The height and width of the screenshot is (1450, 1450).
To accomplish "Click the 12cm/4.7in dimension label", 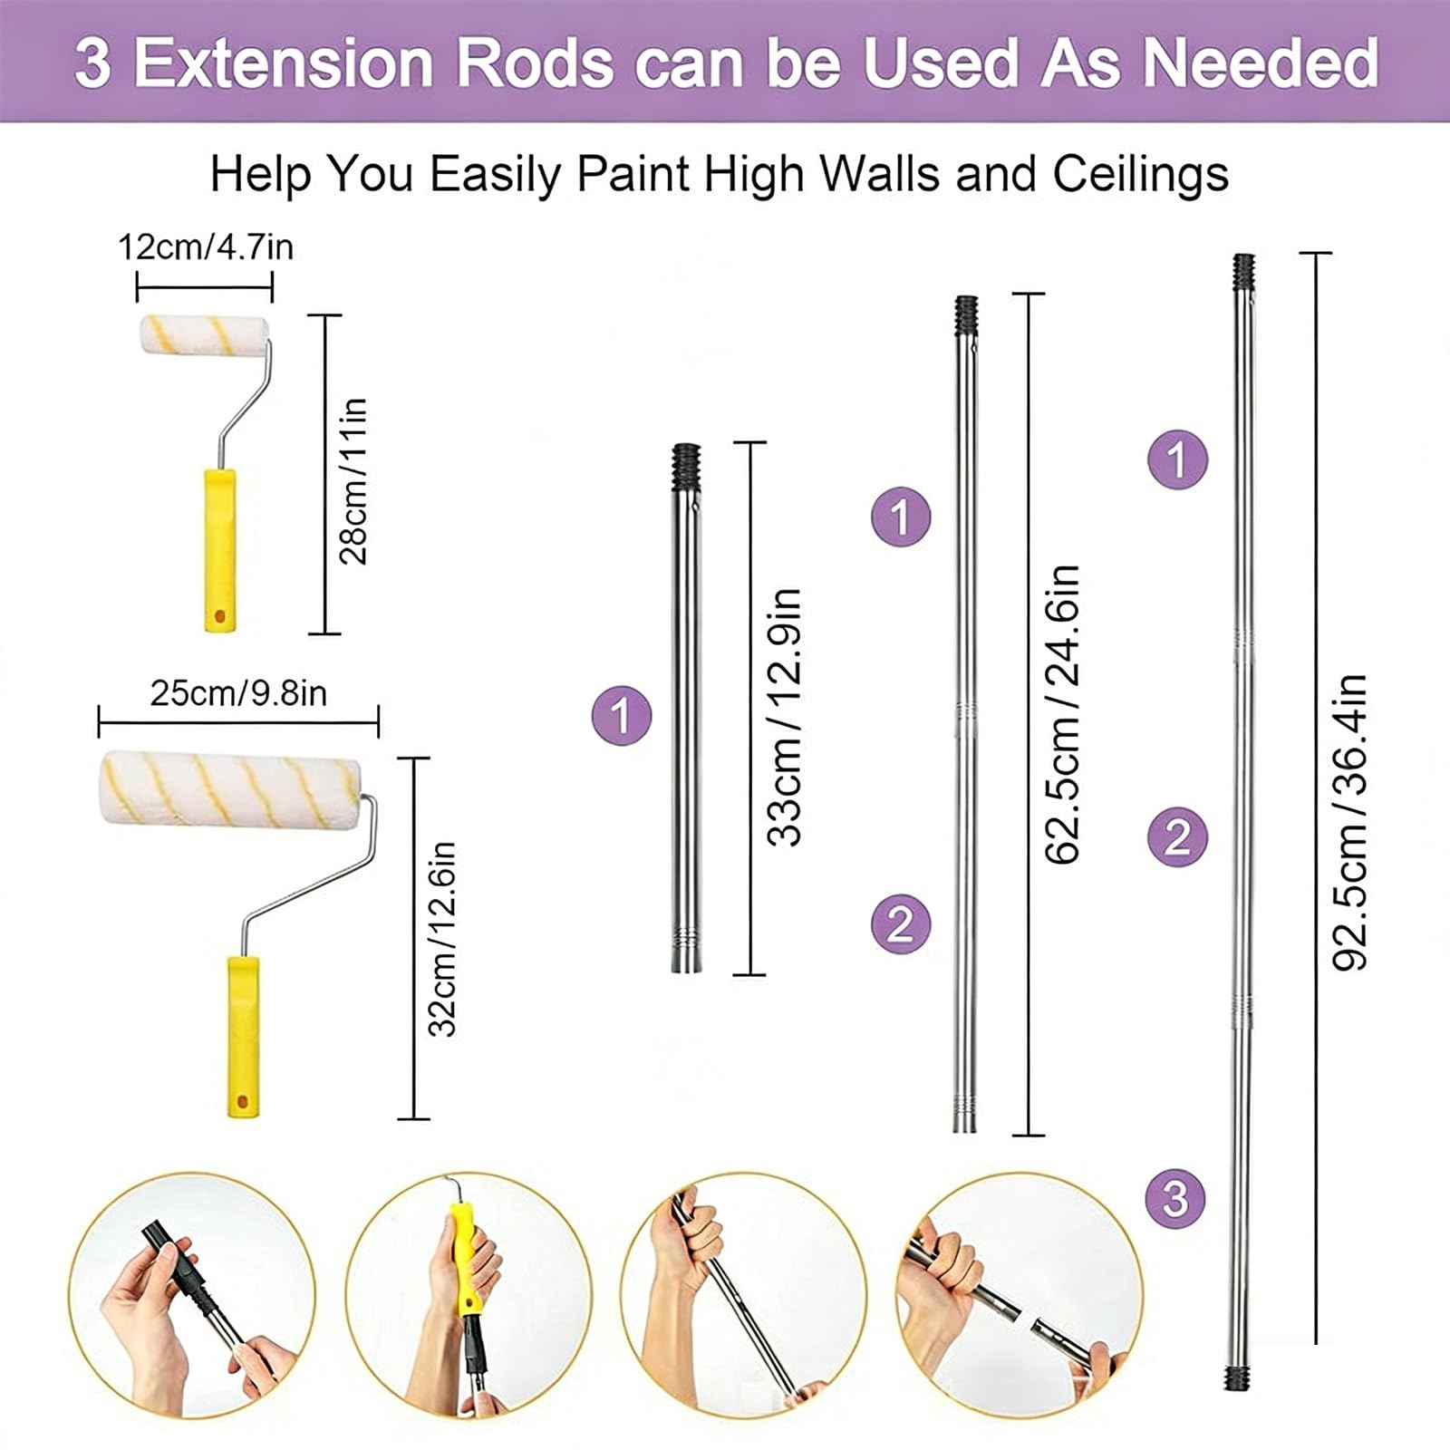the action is click(x=206, y=247).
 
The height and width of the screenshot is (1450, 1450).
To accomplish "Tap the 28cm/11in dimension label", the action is click(x=353, y=481).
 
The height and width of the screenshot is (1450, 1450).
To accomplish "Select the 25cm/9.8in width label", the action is click(x=238, y=693).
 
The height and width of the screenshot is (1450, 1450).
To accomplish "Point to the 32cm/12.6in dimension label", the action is click(x=441, y=939).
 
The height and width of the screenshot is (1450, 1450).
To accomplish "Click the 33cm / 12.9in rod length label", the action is click(x=784, y=717).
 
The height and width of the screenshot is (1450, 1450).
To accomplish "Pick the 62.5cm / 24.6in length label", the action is click(x=1061, y=714).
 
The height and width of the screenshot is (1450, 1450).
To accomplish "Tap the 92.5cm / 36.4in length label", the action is click(x=1348, y=823).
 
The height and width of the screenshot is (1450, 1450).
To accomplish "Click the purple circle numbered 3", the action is click(x=1175, y=1199).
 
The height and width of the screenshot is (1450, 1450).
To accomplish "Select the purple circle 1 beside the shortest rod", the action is click(x=621, y=715).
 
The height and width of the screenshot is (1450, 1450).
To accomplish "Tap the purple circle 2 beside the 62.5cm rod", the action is click(x=901, y=923).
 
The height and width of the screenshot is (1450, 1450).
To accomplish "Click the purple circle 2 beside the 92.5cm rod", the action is click(x=1177, y=836).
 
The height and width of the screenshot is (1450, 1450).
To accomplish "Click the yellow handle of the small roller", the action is click(x=218, y=550).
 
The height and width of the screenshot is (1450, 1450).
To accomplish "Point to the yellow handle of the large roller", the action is click(x=242, y=1037).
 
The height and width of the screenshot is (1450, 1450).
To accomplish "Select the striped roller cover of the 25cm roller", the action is click(x=229, y=789).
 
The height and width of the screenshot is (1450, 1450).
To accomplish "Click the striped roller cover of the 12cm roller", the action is click(x=206, y=336).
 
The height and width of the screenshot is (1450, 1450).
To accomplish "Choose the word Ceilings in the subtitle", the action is click(x=1140, y=173).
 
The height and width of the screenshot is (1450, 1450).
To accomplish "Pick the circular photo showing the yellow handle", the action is click(x=469, y=1295).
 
